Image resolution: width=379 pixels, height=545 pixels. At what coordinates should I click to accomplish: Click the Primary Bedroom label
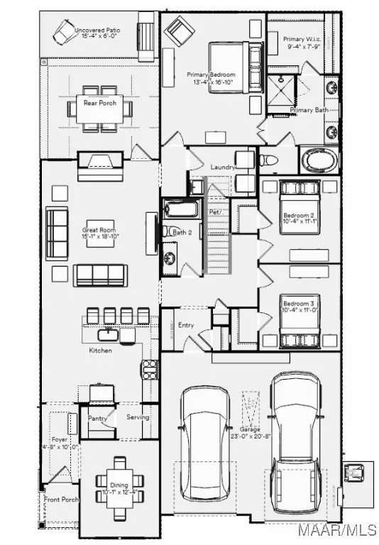(x=211, y=75)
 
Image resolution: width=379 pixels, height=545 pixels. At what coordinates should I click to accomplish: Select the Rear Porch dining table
(x=100, y=109)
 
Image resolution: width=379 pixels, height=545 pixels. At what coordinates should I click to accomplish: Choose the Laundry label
(x=223, y=167)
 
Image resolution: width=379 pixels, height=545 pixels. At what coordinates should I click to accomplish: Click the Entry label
(x=186, y=325)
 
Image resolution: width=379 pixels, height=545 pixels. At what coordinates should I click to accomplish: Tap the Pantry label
(x=97, y=418)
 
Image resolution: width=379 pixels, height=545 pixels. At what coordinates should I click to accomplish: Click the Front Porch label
(x=61, y=500)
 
